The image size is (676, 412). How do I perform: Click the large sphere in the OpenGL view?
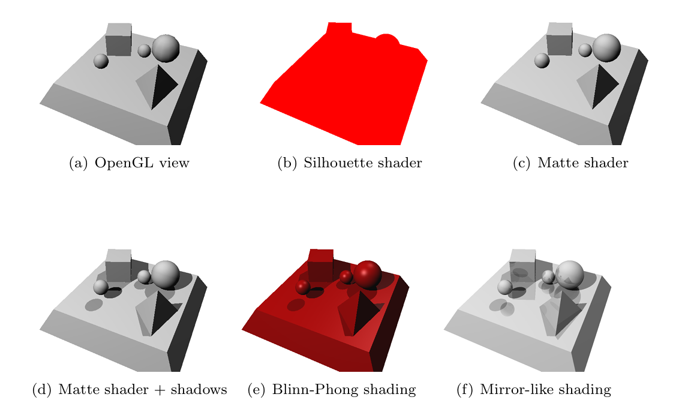pos(166,48)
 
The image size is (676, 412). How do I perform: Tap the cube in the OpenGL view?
pos(118,40)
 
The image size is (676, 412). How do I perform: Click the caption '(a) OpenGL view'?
pos(129,163)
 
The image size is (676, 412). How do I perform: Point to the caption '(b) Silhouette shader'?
pos(349,163)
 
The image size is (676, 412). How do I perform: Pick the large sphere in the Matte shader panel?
pos(606,48)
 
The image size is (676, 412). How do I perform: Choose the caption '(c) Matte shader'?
pos(570,163)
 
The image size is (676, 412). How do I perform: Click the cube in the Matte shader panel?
pos(559,40)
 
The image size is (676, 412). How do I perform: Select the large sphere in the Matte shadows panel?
pos(166,274)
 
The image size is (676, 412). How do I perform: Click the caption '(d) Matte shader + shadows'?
pos(129,390)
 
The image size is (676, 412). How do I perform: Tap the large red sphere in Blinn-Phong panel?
pos(368,274)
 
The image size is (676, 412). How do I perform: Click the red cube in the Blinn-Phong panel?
pos(320,266)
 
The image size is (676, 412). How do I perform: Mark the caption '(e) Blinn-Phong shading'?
pos(331,390)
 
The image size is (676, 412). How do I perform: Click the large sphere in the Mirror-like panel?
pos(570,274)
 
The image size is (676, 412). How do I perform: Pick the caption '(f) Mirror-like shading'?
pos(533,390)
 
